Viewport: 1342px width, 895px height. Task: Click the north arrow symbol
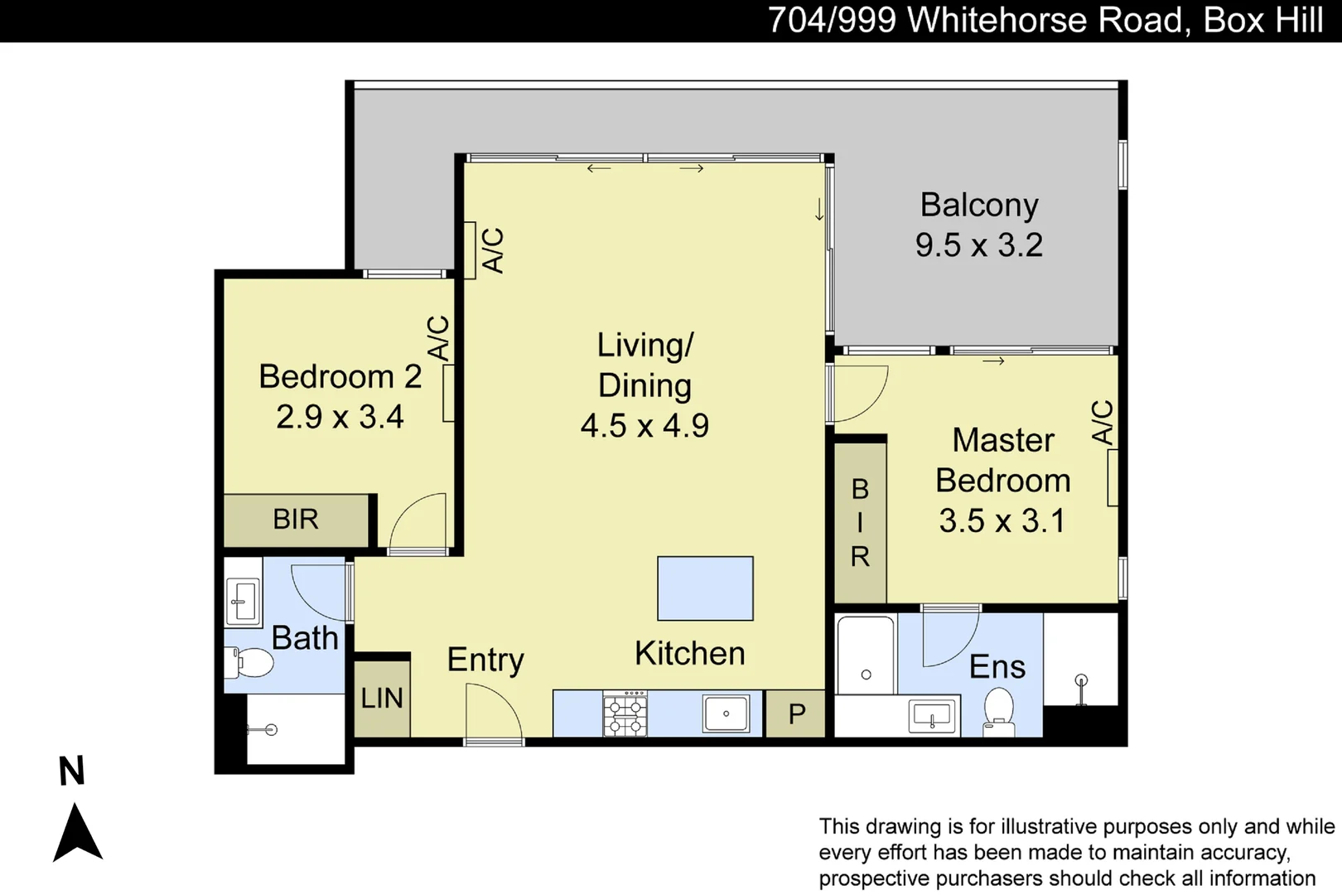click(77, 833)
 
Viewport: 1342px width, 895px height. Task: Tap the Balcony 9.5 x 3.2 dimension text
click(978, 245)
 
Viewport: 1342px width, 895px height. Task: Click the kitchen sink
click(726, 714)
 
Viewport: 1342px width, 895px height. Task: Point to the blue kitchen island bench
click(705, 588)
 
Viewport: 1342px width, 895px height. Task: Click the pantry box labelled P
click(796, 714)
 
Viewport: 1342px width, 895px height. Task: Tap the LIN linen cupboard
click(382, 698)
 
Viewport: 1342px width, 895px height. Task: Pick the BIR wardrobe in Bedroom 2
click(296, 520)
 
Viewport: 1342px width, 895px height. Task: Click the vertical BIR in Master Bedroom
click(860, 523)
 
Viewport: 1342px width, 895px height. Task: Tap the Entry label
click(485, 660)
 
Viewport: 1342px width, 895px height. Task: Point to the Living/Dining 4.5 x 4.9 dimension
click(644, 426)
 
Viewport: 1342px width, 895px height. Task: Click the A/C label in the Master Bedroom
click(1103, 422)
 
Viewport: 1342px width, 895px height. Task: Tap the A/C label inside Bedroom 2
click(438, 337)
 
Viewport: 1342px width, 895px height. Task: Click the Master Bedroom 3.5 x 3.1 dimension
click(1002, 521)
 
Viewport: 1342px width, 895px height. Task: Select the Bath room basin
click(243, 601)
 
